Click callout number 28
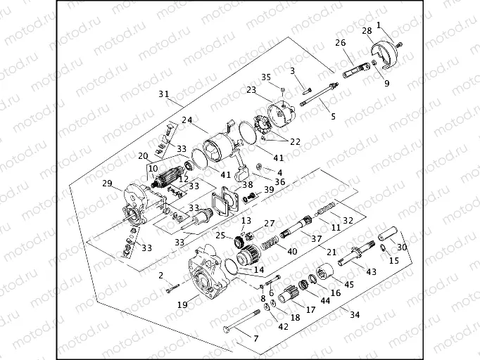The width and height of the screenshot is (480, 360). pos(367,30)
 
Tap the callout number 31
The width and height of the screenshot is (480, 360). pos(164,94)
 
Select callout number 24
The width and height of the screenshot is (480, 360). pos(187,120)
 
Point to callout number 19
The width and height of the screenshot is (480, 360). pos(182,304)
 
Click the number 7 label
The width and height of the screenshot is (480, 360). pos(255,338)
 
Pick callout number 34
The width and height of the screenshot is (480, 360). pos(355,315)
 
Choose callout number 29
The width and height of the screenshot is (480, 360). pos(108,184)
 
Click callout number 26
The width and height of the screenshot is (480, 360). pos(341,43)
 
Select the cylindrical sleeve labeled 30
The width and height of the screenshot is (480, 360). pos(390,234)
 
